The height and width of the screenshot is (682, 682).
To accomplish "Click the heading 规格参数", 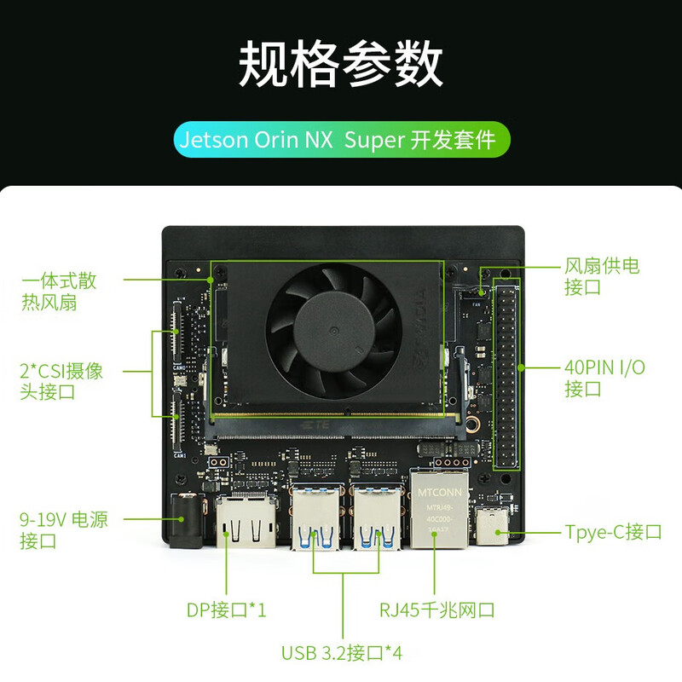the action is point(341,64).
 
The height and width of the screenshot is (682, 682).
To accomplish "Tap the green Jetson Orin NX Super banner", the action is point(342,140).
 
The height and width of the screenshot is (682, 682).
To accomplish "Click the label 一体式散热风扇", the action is point(59,292).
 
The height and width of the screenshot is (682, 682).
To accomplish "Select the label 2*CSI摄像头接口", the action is point(61,381).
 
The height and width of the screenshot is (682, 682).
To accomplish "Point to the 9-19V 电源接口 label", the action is point(63,530).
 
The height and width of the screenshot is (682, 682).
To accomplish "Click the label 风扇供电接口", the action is point(602,276).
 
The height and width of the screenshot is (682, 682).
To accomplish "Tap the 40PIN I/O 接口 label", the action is point(604,378).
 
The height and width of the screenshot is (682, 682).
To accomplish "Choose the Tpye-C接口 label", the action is point(613,532).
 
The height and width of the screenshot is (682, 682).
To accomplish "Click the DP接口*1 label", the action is point(226,610).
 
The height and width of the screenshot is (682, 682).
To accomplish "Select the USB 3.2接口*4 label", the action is point(342,653).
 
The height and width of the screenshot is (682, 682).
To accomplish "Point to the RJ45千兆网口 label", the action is point(437,610).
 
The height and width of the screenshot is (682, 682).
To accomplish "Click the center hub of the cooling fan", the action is point(333,330).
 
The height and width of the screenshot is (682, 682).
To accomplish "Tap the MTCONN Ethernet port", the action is point(439,508).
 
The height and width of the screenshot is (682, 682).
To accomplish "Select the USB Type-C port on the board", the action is point(492,525).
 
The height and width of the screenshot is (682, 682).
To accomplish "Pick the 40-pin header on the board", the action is point(506,373).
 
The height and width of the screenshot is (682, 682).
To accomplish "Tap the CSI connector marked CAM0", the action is point(177,332).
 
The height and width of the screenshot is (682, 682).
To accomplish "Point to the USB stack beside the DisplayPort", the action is point(315,517).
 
